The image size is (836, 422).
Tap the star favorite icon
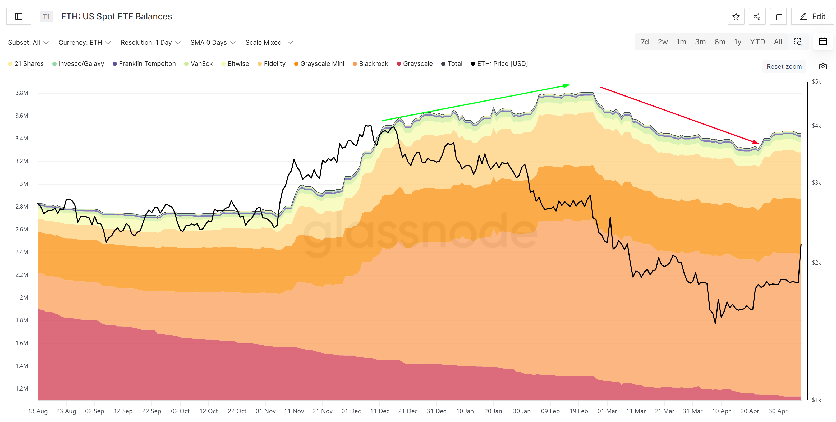coord(736,17)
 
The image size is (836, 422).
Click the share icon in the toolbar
coord(757,17)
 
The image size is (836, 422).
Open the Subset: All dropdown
coord(29,43)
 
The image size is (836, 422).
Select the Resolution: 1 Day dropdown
coord(150,43)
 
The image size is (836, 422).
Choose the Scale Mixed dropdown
coord(269,43)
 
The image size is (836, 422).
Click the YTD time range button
coord(757,42)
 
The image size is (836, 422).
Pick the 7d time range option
coord(645,42)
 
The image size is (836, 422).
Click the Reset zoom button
coord(784,67)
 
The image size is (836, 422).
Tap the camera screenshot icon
coord(823,67)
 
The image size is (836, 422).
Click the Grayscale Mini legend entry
coord(319,64)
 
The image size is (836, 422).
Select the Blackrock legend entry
coord(370,64)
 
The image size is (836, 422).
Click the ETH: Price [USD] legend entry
coord(499,64)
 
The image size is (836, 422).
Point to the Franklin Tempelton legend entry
coord(144,64)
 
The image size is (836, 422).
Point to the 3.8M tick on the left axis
coord(22,93)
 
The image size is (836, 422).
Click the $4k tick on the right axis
coord(816,126)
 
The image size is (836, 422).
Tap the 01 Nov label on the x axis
coord(265,411)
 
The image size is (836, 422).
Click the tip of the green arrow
coord(569,85)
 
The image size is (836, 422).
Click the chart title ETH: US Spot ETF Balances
coord(117,17)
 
